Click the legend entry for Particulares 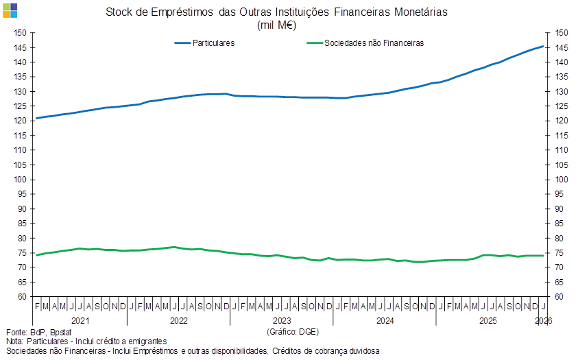(x=213, y=43)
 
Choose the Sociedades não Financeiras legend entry (x=373, y=43)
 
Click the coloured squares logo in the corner (x=10, y=10)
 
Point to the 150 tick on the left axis (x=20, y=33)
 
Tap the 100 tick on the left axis (x=20, y=180)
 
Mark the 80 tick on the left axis (x=20, y=238)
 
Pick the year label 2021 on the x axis (x=80, y=320)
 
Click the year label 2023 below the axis (x=282, y=320)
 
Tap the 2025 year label (x=487, y=320)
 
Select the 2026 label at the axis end (x=544, y=320)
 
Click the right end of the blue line (x=544, y=47)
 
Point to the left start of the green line (x=36, y=255)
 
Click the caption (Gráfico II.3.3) (x=292, y=331)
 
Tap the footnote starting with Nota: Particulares (x=86, y=341)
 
